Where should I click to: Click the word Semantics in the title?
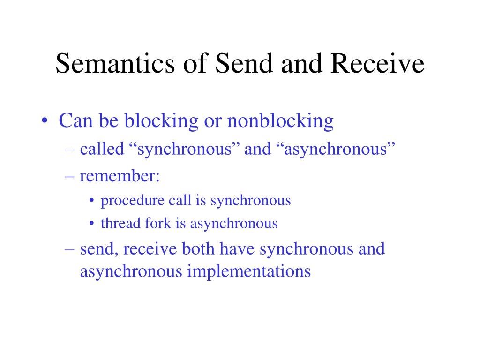click(115, 63)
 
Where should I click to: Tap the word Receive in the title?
click(377, 63)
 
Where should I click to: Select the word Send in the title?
click(244, 63)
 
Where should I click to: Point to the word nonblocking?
click(280, 121)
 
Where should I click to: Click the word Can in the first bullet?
click(75, 120)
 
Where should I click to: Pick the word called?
click(102, 149)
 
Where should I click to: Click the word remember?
click(118, 176)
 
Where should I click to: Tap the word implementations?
click(249, 272)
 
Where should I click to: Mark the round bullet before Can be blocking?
click(45, 120)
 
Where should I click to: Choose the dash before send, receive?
click(69, 250)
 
